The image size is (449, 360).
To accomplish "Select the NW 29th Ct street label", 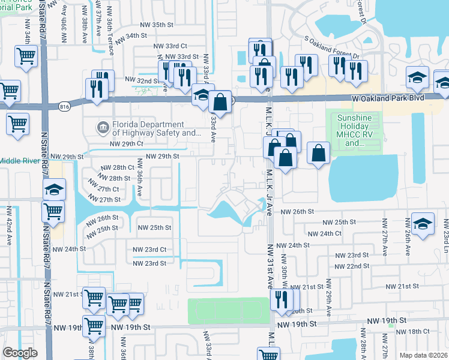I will point(127,144).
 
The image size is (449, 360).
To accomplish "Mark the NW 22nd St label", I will point(349,266).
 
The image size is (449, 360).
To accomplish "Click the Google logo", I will point(20,353).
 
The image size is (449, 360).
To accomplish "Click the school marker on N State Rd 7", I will point(54,190).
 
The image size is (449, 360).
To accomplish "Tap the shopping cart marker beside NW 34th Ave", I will point(26,56).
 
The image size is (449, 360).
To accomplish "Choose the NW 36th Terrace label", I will point(110,36).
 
